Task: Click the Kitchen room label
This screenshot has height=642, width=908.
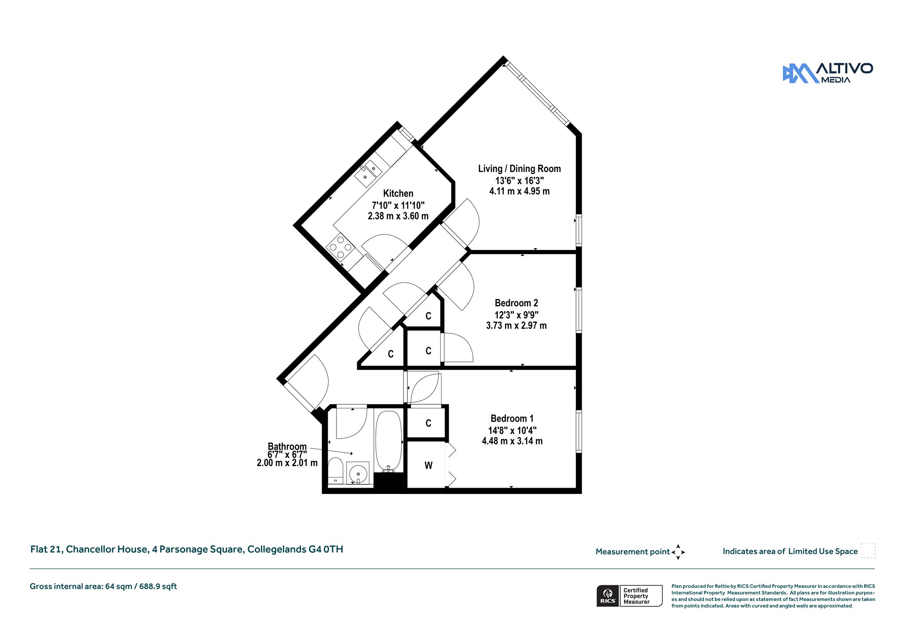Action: pos(398,194)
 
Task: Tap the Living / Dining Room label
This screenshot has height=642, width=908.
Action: pos(519,169)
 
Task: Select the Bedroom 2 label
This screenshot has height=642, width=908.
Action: pos(517,303)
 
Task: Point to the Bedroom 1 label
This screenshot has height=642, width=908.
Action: pos(512,419)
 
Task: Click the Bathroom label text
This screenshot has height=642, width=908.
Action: pos(287,446)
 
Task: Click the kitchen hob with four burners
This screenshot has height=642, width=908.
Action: pos(340,247)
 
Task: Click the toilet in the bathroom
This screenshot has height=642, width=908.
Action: pos(336,471)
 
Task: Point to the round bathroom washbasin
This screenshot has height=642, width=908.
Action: pos(358,474)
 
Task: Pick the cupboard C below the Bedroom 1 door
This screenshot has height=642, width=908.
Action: pos(428,423)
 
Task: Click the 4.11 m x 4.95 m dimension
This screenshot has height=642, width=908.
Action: pos(519,191)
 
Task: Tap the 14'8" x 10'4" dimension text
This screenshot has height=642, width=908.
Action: pos(512,430)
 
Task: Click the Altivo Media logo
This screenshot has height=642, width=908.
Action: pos(827,73)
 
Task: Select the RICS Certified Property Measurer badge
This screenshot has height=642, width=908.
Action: pos(630,596)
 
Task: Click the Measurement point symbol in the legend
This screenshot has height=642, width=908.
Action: pos(678,552)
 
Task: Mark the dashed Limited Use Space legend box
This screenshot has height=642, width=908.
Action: pos(868,551)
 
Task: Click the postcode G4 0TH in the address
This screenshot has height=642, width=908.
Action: pos(325,549)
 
